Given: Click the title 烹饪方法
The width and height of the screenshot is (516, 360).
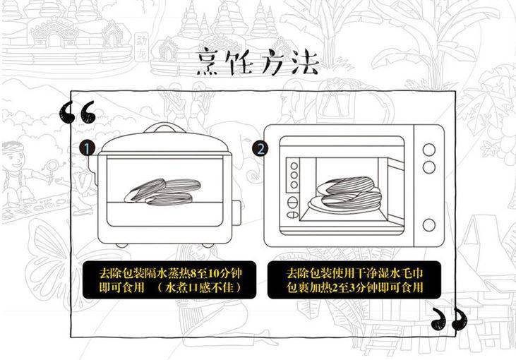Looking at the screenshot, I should pos(258,62).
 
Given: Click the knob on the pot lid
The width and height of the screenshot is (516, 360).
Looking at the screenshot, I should pos(162,127).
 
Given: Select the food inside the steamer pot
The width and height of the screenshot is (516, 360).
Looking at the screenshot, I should pos(164,191).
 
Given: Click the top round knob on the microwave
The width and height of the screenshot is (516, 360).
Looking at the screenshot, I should pos(428,150).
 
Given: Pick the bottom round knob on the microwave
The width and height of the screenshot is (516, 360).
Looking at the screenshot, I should pos(428,224).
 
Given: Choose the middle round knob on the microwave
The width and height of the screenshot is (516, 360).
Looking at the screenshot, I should pos(428,167).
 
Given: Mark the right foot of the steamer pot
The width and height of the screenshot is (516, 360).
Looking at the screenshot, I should pos(208,244).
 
